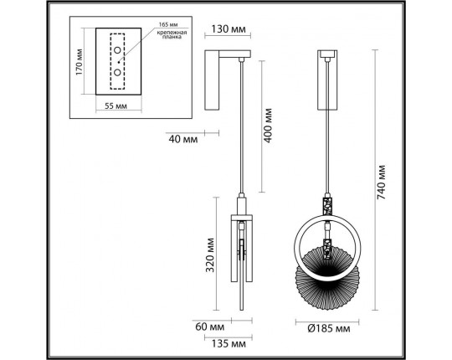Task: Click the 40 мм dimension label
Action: coord(182,137)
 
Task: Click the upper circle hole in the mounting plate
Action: coord(116,51)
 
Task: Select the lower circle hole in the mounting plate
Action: coord(116,72)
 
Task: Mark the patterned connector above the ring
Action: coord(327,204)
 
